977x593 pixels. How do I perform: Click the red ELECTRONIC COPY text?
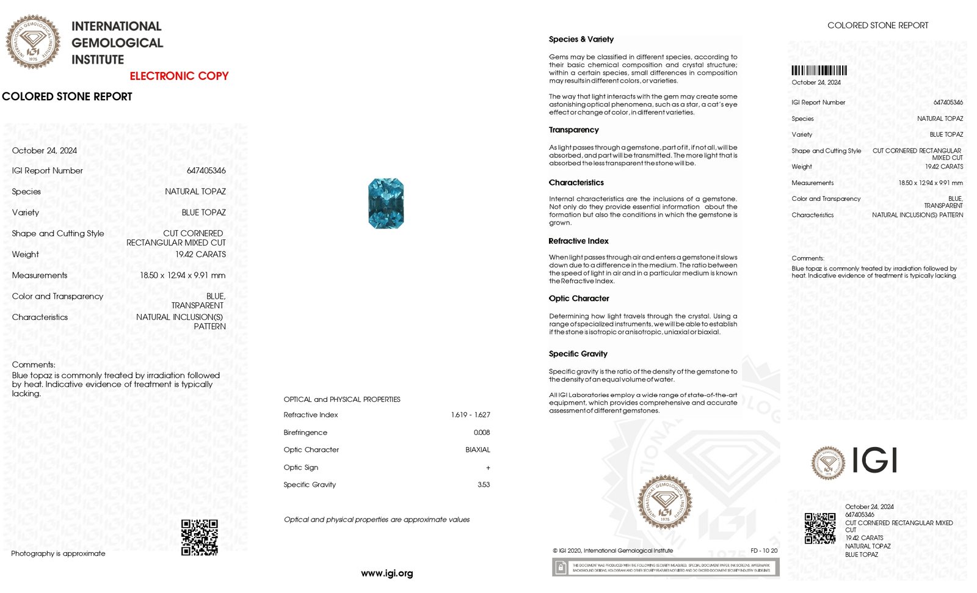pyautogui.click(x=179, y=76)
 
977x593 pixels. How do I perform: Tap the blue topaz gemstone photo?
pyautogui.click(x=386, y=203)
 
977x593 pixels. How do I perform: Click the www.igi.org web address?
pyautogui.click(x=387, y=573)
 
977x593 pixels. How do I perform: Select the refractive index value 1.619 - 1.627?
pyautogui.click(x=470, y=415)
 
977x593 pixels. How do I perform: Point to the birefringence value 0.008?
pyautogui.click(x=482, y=432)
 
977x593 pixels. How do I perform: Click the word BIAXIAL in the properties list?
pyautogui.click(x=478, y=450)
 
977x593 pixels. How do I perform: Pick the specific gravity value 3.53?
pyautogui.click(x=484, y=485)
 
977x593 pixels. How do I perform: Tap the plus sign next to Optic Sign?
pyautogui.click(x=488, y=468)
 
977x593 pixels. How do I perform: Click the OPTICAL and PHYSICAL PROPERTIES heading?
pyautogui.click(x=342, y=399)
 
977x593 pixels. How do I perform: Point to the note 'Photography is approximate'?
pyautogui.click(x=58, y=554)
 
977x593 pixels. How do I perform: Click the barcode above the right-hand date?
pyautogui.click(x=819, y=70)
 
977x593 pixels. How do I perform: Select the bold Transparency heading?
pyautogui.click(x=573, y=130)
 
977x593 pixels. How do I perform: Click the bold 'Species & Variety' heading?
pyautogui.click(x=581, y=40)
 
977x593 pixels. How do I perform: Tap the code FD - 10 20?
pyautogui.click(x=764, y=551)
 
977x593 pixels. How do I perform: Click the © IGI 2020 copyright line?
pyautogui.click(x=612, y=551)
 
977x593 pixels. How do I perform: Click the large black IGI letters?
pyautogui.click(x=874, y=460)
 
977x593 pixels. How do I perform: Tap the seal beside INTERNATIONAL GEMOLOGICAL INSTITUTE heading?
pyautogui.click(x=33, y=42)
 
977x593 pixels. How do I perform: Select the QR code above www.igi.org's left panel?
pyautogui.click(x=200, y=537)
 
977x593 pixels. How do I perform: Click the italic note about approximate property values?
pyautogui.click(x=377, y=520)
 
